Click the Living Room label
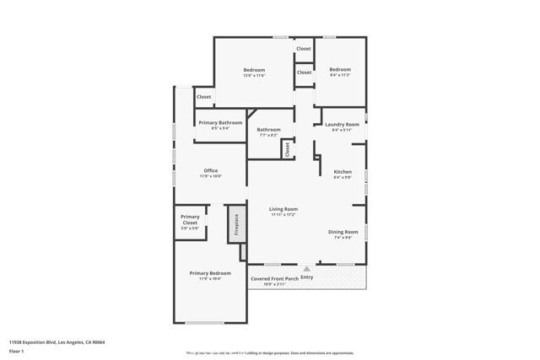(283, 208)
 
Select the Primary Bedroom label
(210, 273)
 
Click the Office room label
(210, 170)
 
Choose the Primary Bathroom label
(219, 122)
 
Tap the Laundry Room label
(342, 124)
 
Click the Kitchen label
(342, 171)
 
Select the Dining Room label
(343, 231)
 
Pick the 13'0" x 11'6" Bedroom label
(254, 69)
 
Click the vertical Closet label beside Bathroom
(288, 149)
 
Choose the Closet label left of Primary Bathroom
(203, 97)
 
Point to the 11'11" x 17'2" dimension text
(283, 214)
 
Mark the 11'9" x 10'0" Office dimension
(210, 176)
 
